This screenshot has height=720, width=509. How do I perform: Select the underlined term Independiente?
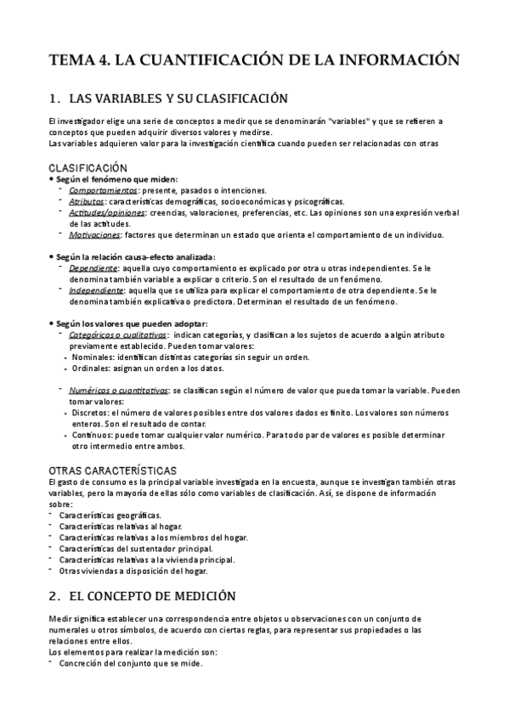click(x=95, y=290)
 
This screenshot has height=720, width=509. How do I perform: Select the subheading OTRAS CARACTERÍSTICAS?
click(x=112, y=470)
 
